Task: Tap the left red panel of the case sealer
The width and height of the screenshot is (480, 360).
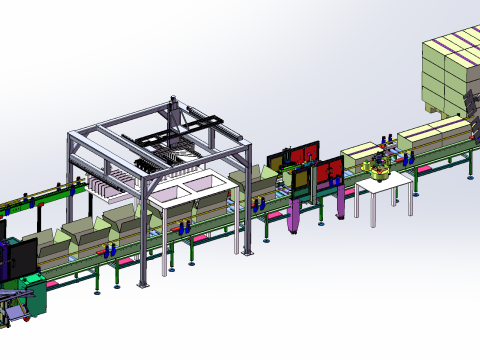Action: (x=279, y=165)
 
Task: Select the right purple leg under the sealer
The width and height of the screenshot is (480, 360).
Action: (x=342, y=199)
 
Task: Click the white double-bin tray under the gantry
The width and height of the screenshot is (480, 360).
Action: (x=190, y=190)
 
